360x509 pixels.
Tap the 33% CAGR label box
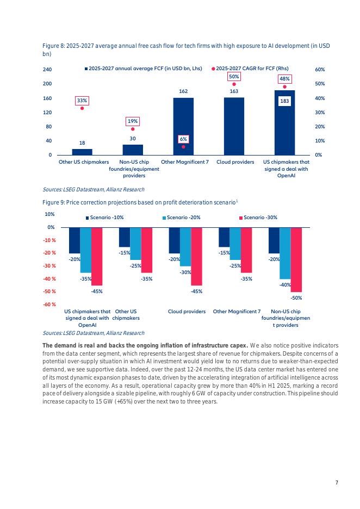click(82, 101)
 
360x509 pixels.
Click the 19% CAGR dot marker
click(133, 129)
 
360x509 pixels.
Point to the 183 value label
click(284, 101)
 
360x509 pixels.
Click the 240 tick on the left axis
click(47, 70)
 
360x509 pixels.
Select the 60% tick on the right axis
click(320, 70)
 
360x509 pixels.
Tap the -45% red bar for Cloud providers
click(196, 256)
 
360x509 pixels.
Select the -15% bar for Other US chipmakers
click(125, 237)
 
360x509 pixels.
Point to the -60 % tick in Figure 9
click(49, 305)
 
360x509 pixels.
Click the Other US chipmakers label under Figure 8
click(84, 162)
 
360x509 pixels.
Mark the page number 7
click(337, 482)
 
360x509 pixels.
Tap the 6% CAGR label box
click(183, 139)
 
